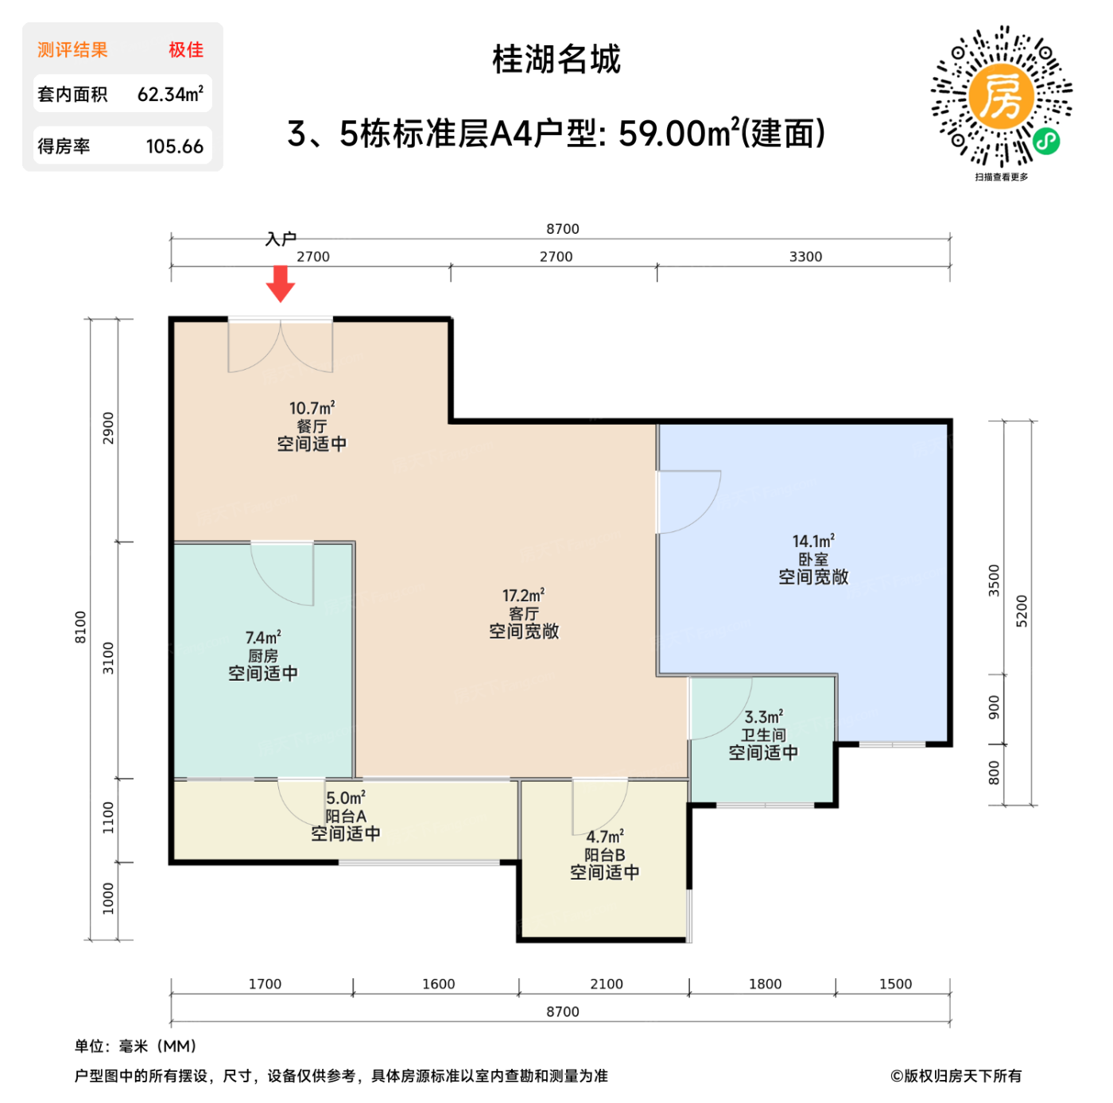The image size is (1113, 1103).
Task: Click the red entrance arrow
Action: coord(280,283)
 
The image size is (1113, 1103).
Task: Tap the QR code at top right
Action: coord(1001,97)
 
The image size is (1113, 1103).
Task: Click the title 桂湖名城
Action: coord(556,60)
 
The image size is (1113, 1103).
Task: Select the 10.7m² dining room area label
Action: coord(312,409)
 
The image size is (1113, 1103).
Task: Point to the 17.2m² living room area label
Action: coord(523,596)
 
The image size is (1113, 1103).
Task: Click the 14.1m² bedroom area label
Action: coord(813,542)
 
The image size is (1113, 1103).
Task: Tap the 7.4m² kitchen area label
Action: coord(263,638)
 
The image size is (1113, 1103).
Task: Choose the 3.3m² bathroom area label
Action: coord(763,717)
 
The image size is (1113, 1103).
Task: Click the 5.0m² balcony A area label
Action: coord(346,798)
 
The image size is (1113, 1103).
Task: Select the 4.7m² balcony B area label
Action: coord(605,837)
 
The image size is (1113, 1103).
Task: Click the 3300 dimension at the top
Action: coord(805,257)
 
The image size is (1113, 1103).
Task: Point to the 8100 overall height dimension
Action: coord(80,627)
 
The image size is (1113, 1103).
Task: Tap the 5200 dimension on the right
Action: coord(1022,611)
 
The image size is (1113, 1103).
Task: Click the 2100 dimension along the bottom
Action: coord(606,985)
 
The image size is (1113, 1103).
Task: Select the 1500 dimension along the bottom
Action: coord(895,985)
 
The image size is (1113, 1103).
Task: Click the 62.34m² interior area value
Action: coord(170,95)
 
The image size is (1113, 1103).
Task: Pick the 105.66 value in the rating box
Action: coord(174,147)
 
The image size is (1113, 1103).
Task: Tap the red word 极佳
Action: coord(186,50)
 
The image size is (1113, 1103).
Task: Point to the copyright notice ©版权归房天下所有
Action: coord(956,1076)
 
